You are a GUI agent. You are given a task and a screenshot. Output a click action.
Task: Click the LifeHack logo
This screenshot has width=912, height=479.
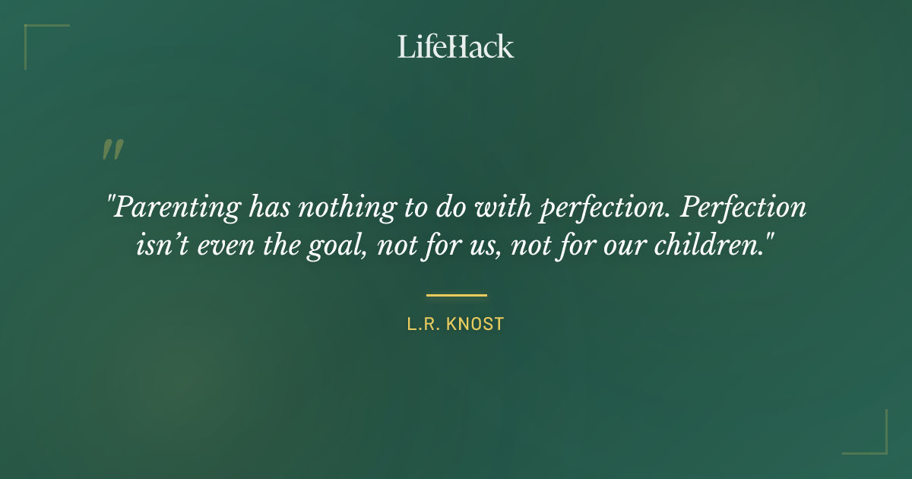pyautogui.click(x=456, y=46)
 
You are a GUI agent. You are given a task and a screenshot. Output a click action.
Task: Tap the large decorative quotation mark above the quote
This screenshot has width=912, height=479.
pyautogui.click(x=112, y=150)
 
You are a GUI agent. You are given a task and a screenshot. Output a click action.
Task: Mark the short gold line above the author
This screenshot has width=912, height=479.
pyautogui.click(x=456, y=295)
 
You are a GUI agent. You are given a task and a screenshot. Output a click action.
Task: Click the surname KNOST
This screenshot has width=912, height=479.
pyautogui.click(x=475, y=324)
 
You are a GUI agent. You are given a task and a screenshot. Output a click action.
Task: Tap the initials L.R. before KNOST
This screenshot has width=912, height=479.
pyautogui.click(x=424, y=324)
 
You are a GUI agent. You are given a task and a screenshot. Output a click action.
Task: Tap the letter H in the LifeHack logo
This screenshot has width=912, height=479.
pyautogui.click(x=457, y=46)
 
